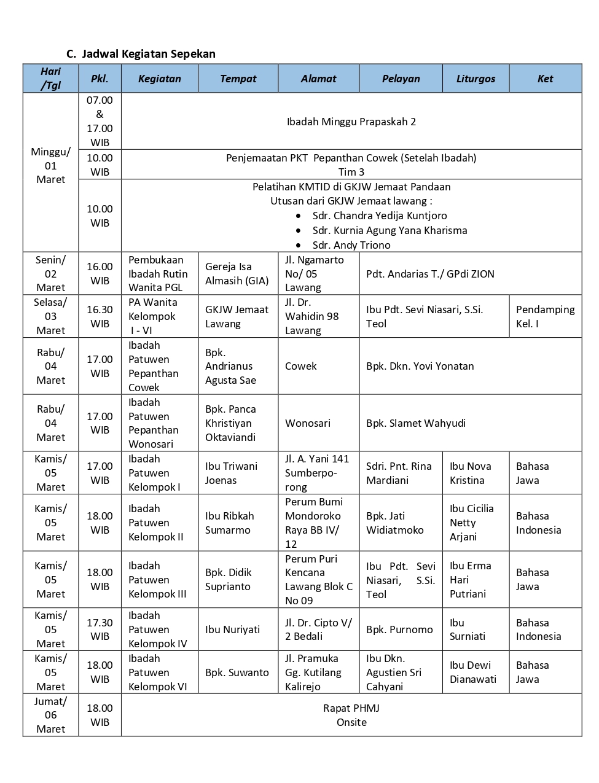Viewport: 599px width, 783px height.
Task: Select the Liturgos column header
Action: click(476, 79)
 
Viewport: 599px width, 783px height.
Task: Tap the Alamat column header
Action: click(318, 79)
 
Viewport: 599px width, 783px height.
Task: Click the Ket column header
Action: click(545, 79)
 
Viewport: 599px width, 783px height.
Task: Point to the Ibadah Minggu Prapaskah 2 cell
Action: click(351, 122)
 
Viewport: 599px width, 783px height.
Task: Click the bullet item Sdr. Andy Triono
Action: click(351, 245)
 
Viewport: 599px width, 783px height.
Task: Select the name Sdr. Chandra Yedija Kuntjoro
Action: click(380, 216)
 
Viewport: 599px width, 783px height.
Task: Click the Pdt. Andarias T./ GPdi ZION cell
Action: click(430, 274)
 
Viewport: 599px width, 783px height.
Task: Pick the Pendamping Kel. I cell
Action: click(545, 316)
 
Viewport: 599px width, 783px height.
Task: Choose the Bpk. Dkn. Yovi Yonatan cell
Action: click(420, 366)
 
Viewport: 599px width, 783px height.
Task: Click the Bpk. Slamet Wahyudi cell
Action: click(416, 423)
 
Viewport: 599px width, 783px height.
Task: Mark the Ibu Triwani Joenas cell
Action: click(231, 473)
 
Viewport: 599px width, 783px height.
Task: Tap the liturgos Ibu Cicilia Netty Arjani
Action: click(472, 523)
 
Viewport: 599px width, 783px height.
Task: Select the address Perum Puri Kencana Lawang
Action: click(318, 579)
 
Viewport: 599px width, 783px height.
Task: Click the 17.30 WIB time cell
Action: click(100, 629)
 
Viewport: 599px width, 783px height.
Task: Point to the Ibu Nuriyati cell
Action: click(232, 629)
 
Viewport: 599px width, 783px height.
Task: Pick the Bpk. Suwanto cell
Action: click(237, 672)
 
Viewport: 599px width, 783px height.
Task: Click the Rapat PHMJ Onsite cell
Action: click(351, 715)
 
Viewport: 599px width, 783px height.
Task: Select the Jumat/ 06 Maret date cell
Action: click(50, 715)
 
